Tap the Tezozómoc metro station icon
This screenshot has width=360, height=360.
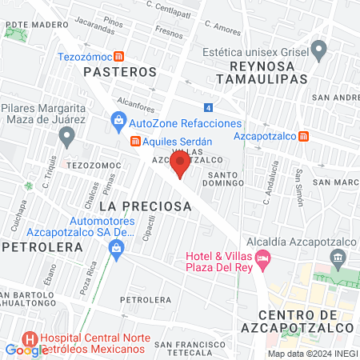tap(118, 57)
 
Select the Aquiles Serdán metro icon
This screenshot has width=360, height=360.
tap(136, 141)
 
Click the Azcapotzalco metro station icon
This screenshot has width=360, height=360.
tap(303, 136)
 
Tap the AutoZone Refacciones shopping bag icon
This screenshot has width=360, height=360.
tap(118, 123)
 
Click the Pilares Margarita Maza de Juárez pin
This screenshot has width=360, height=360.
tap(66, 135)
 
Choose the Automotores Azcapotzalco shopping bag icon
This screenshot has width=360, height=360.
tap(117, 248)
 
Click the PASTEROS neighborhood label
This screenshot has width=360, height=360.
tap(120, 72)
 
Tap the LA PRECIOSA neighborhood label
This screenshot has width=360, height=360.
tap(145, 206)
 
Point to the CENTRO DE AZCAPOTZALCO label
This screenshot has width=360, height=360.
tap(306, 321)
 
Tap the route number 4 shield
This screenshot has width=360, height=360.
tap(208, 107)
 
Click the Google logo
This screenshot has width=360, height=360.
tap(26, 350)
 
